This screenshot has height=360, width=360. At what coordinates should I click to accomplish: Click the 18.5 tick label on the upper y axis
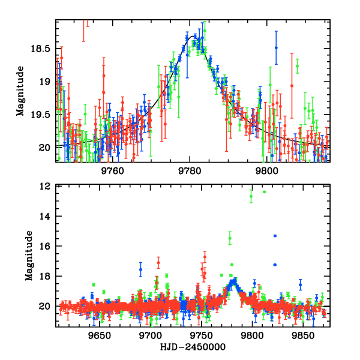(43, 48)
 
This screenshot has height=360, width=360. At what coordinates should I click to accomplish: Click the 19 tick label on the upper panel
(47, 81)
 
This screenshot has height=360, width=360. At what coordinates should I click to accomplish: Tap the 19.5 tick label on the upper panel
(43, 114)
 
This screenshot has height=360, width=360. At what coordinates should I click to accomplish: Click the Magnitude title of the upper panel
(20, 91)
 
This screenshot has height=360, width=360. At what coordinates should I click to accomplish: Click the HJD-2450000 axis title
(193, 347)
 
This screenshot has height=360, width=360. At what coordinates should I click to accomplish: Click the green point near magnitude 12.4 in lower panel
(264, 191)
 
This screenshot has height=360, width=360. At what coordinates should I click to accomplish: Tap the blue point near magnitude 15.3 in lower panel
(275, 236)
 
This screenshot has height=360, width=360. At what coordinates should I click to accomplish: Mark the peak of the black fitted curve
(193, 36)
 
